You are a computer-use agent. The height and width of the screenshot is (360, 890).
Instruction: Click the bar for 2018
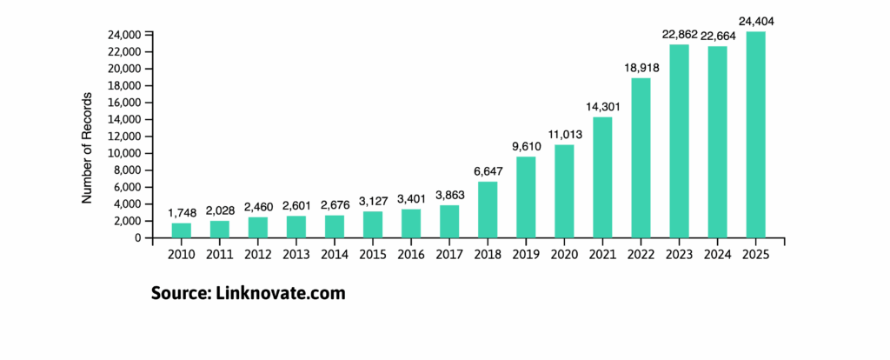[x=488, y=209]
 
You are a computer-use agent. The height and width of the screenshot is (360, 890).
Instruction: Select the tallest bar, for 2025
[x=755, y=135]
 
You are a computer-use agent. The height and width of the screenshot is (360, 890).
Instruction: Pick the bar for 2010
[x=182, y=230]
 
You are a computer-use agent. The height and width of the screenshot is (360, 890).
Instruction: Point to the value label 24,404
[x=755, y=18]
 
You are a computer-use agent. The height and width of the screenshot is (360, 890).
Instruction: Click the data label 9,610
[x=526, y=144]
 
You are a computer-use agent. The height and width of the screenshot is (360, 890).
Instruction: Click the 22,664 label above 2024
[x=717, y=34]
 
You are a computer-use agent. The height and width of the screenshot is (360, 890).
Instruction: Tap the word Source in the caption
[x=178, y=293]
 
